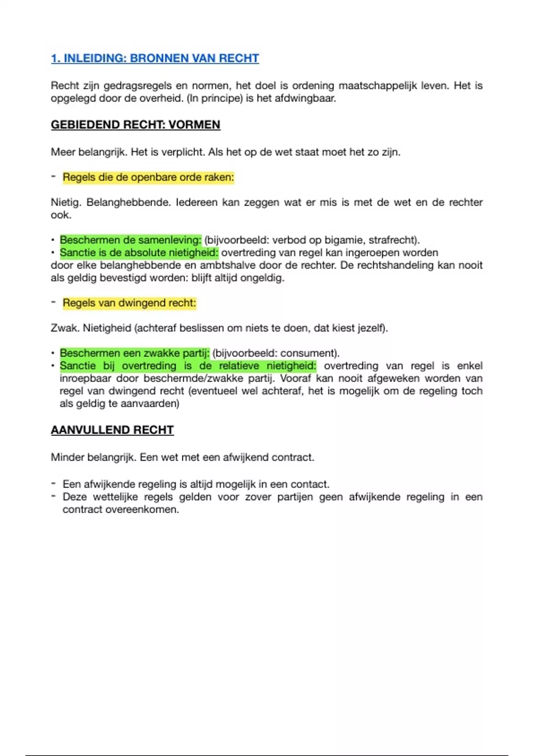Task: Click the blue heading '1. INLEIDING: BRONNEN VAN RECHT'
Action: coord(155,58)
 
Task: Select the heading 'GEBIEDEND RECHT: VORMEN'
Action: coord(135,125)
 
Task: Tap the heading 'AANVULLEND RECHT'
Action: coord(112,430)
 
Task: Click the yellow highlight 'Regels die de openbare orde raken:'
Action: coord(148,177)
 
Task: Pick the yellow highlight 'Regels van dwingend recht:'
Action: coord(129,303)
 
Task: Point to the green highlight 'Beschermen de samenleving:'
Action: coord(130,240)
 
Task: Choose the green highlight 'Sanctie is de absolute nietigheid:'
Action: coord(139,253)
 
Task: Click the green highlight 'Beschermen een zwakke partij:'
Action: coord(134,353)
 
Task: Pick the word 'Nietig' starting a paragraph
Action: coord(65,202)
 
